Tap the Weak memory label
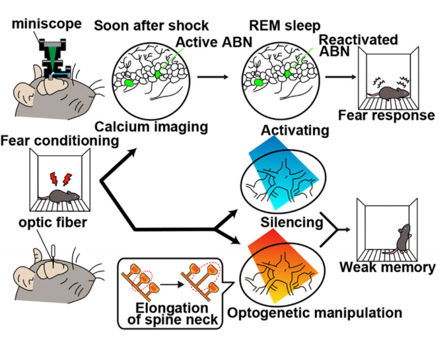coord(387,267)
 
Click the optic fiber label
coord(48,224)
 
